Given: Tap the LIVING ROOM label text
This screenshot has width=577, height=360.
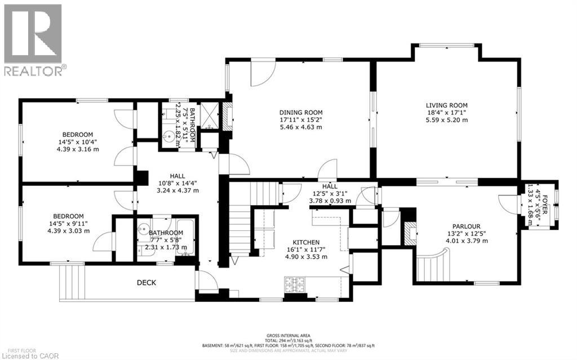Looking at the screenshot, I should click(446, 105).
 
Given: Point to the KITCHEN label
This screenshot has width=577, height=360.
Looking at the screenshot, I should click(306, 242).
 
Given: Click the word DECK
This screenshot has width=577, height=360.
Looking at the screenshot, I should click(145, 283).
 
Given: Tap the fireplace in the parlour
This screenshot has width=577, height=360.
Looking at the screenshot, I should click(410, 232).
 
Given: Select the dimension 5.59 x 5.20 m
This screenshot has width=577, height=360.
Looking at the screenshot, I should click(446, 120).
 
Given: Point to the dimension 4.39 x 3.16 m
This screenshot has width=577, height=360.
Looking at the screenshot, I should click(77, 149).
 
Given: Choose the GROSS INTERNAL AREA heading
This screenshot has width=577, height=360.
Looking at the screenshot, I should click(288, 334).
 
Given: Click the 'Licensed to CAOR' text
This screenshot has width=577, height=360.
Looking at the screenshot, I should click(27, 355).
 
